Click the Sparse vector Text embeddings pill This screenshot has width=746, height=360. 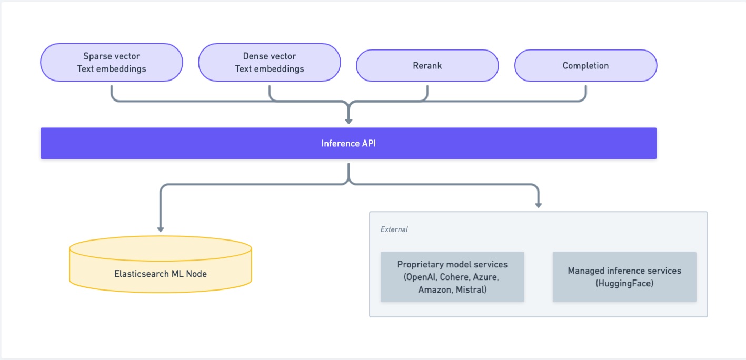pos(111,62)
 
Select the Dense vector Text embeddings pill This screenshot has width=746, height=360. pos(269,62)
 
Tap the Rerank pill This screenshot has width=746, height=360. pos(427,66)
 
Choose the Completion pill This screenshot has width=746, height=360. pos(585,66)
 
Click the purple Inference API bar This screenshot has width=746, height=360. pos(349,143)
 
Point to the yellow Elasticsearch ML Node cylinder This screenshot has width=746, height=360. pos(161,266)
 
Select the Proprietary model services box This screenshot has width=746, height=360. pos(452,277)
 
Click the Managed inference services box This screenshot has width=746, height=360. pos(624,277)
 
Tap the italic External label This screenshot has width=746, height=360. pos(394,229)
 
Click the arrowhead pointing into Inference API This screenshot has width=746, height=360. pos(349,121)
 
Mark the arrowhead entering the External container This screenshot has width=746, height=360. pos(538,204)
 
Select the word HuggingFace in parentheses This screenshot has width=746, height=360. pos(624,283)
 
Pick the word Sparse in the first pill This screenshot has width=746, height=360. pos(97,56)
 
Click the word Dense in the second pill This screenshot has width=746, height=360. pos(255,56)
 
